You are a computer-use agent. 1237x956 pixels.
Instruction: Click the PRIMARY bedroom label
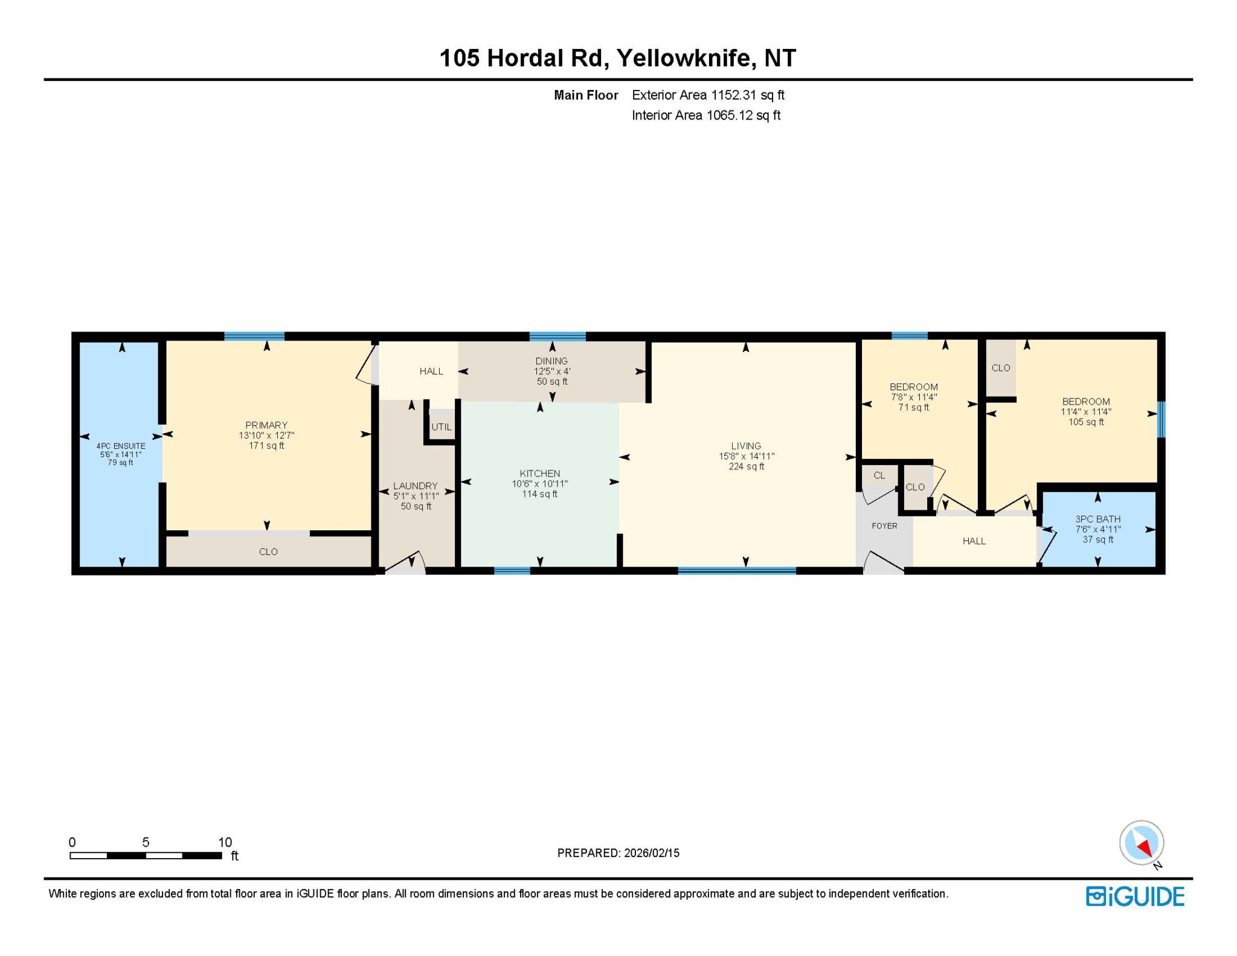tap(266, 425)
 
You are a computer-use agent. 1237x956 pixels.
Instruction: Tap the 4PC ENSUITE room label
tap(121, 446)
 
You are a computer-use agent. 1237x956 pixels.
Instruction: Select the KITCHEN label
tap(540, 473)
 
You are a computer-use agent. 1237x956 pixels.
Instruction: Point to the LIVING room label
tap(746, 446)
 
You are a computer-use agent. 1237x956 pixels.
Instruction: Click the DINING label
tap(551, 361)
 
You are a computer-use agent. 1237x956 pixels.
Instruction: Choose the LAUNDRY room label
tap(416, 486)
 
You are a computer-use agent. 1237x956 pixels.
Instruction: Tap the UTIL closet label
tap(442, 427)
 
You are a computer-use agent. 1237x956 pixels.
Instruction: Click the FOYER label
tap(884, 526)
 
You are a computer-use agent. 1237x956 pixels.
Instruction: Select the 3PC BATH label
tap(1098, 519)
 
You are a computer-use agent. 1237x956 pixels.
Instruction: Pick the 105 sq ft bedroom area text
tap(1086, 422)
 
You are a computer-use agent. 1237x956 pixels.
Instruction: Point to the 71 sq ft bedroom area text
tap(914, 408)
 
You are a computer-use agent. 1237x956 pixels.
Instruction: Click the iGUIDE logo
tap(1135, 896)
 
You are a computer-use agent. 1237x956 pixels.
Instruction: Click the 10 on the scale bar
tap(225, 842)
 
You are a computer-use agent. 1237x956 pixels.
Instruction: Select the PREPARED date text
tap(618, 853)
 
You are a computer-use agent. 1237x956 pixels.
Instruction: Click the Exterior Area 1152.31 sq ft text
tap(708, 95)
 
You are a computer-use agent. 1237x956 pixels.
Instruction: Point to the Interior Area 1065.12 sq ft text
tap(706, 115)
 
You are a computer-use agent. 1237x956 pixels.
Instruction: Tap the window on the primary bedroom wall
tap(254, 336)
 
